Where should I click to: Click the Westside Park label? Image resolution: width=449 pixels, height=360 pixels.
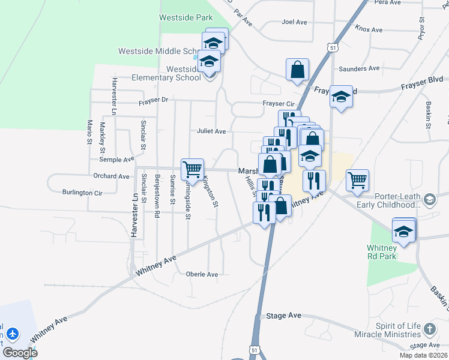(185, 17)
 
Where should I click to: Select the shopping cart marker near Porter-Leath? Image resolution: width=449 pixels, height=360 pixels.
(357, 179)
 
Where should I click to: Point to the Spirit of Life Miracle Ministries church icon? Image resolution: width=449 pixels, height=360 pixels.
(429, 329)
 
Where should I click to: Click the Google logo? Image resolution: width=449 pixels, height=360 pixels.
(20, 352)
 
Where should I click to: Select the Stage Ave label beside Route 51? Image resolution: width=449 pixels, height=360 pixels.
(283, 316)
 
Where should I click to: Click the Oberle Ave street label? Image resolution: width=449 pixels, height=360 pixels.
(202, 274)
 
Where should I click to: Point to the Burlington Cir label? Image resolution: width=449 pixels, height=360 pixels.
(82, 193)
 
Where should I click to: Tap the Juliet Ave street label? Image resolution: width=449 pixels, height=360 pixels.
(211, 131)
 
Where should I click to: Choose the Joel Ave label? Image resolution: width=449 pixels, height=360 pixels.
(294, 22)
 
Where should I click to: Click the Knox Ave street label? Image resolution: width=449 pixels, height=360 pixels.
(369, 29)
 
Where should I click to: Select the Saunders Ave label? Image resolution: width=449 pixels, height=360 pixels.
(359, 68)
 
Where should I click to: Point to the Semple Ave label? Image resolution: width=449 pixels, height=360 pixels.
(116, 160)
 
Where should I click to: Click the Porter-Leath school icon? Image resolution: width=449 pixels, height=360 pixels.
(429, 199)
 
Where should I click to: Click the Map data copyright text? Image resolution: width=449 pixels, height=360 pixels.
(423, 355)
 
